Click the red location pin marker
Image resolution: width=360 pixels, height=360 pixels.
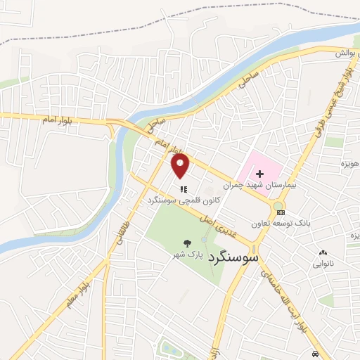pos(181,167)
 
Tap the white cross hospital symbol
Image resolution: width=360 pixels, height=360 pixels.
pos(258,173)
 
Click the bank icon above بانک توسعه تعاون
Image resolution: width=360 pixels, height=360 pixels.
pos(281,212)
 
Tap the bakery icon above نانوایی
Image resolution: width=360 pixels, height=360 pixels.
pos(323,253)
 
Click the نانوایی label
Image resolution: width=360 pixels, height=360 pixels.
pos(323,264)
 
